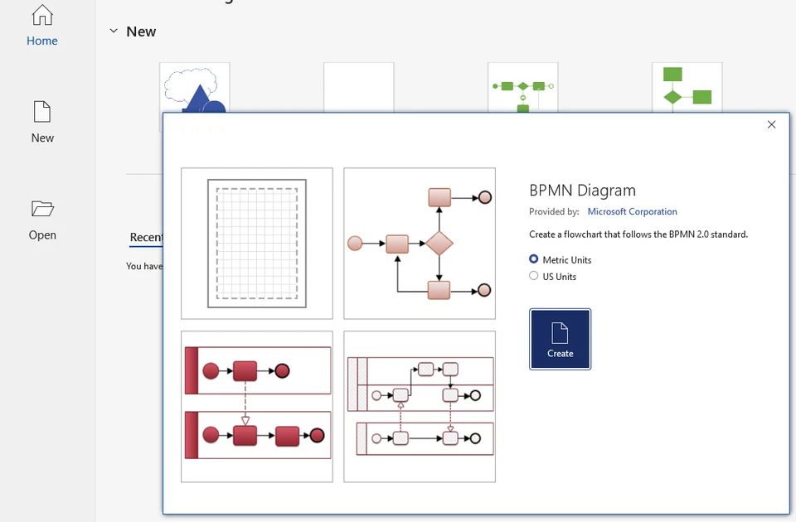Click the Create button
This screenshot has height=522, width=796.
pyautogui.click(x=560, y=339)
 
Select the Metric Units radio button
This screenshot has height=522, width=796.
pyautogui.click(x=534, y=259)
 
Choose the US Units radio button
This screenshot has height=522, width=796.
pyautogui.click(x=534, y=276)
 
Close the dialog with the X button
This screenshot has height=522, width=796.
pyautogui.click(x=771, y=124)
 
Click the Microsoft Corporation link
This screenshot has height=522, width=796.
pyautogui.click(x=632, y=211)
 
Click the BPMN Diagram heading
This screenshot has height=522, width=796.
pyautogui.click(x=582, y=191)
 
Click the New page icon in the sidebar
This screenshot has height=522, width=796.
pyautogui.click(x=42, y=112)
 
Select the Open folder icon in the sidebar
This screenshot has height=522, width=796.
pyautogui.click(x=42, y=208)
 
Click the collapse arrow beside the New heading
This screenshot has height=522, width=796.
pyautogui.click(x=114, y=31)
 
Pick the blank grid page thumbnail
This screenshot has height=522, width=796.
pyautogui.click(x=257, y=244)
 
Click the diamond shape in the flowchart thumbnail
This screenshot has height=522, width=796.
pyautogui.click(x=439, y=244)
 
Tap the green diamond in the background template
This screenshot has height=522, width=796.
pyautogui.click(x=672, y=98)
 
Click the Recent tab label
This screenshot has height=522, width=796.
pyautogui.click(x=146, y=237)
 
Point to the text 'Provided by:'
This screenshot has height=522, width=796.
pyautogui.click(x=554, y=211)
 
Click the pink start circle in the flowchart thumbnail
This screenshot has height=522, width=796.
pyautogui.click(x=355, y=244)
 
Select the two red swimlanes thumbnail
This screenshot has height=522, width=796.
pyautogui.click(x=257, y=406)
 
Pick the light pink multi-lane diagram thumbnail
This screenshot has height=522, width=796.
pyautogui.click(x=420, y=406)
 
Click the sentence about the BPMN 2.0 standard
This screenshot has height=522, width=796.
pyautogui.click(x=638, y=234)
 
